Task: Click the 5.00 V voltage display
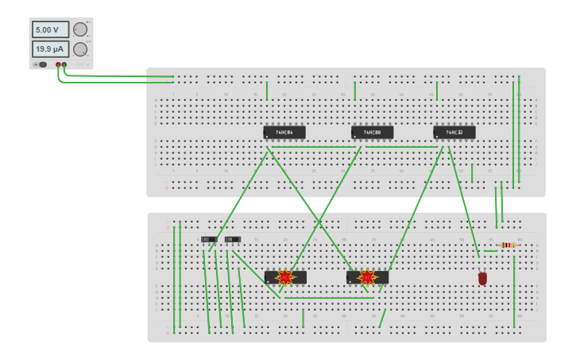[50, 29]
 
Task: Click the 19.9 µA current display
[50, 49]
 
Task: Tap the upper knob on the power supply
[80, 29]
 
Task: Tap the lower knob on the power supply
[80, 49]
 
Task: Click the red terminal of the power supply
[58, 64]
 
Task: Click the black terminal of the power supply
[64, 64]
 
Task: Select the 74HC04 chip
[284, 132]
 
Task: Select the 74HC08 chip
[372, 132]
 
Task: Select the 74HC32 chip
[454, 132]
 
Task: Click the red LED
[482, 278]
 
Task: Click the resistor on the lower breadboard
[508, 245]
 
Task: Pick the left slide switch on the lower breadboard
[209, 239]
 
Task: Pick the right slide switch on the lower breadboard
[232, 239]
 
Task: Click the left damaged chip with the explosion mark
[270, 278]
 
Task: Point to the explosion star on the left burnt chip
[285, 277]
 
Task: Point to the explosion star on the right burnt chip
[366, 277]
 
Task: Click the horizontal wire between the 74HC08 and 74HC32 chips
[401, 146]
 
